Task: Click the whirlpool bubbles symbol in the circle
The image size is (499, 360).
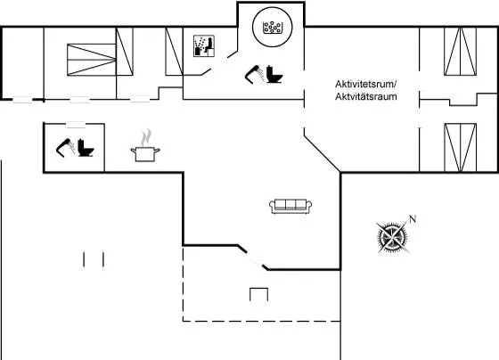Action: click(272, 28)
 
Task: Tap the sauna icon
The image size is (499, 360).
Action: click(204, 46)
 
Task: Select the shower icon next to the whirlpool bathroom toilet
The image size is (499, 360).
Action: click(254, 75)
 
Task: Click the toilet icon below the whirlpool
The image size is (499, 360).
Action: click(274, 74)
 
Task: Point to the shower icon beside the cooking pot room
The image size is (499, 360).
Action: click(66, 148)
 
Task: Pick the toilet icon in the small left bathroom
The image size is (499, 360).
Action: click(86, 148)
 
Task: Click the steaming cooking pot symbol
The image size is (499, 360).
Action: click(145, 145)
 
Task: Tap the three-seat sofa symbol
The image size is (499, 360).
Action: click(290, 206)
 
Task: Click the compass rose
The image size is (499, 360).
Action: click(393, 237)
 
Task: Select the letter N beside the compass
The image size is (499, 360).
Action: click(413, 219)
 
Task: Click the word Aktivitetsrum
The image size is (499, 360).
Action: click(365, 85)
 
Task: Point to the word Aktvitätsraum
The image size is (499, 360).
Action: click(366, 96)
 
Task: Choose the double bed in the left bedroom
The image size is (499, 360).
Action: click(92, 60)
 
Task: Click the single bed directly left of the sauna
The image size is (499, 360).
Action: click(174, 52)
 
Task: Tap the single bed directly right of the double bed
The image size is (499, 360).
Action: click(125, 52)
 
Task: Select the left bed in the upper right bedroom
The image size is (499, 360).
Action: click(453, 52)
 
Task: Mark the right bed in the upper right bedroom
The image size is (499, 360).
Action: click(469, 52)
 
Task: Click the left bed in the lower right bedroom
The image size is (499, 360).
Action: click(453, 148)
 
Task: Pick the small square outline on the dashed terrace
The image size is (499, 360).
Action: click(258, 294)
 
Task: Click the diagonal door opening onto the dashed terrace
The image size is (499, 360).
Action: click(253, 258)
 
